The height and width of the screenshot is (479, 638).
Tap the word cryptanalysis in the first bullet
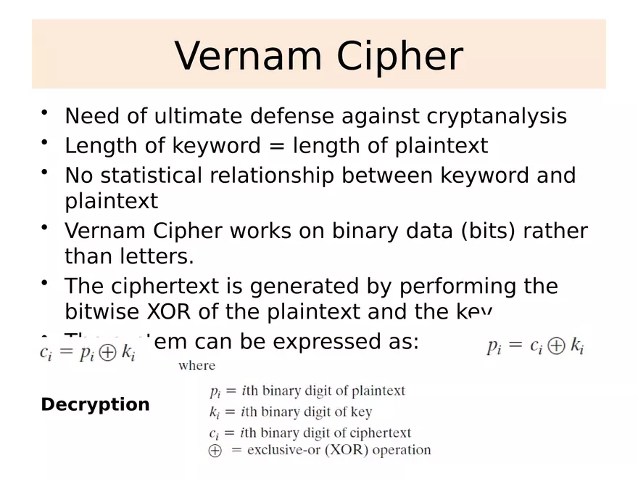(497, 116)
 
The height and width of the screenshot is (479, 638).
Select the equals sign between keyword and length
(277, 146)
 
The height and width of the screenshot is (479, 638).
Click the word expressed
(326, 341)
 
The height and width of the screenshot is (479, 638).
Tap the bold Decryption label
(95, 405)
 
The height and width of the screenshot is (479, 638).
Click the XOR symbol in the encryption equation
(107, 355)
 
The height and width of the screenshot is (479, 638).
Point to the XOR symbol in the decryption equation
(556, 346)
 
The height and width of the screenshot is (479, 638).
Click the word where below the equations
(196, 366)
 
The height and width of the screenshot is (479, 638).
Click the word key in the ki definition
(360, 412)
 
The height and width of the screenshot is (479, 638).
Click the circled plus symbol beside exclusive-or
(215, 451)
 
